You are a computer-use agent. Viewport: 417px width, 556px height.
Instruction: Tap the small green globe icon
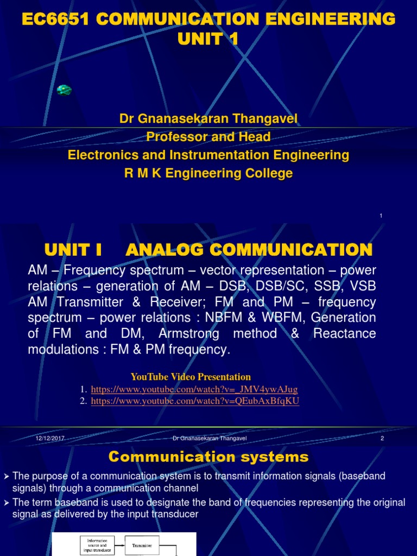point(64,90)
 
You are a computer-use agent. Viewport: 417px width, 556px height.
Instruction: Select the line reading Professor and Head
point(208,137)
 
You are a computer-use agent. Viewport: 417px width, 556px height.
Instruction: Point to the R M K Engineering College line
point(208,173)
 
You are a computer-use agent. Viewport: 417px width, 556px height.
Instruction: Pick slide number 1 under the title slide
point(381,216)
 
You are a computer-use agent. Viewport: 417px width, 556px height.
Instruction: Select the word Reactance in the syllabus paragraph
point(344,333)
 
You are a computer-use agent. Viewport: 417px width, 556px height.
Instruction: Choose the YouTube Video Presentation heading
point(191,377)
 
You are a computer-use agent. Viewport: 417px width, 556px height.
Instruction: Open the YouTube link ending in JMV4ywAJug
point(194,390)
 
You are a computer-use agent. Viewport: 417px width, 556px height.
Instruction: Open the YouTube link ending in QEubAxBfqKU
point(195,401)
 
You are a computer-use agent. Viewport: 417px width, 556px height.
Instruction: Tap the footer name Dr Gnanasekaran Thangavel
point(210,438)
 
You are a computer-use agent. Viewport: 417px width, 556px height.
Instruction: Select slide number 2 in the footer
point(382,438)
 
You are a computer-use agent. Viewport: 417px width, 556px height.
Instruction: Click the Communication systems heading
point(208,457)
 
